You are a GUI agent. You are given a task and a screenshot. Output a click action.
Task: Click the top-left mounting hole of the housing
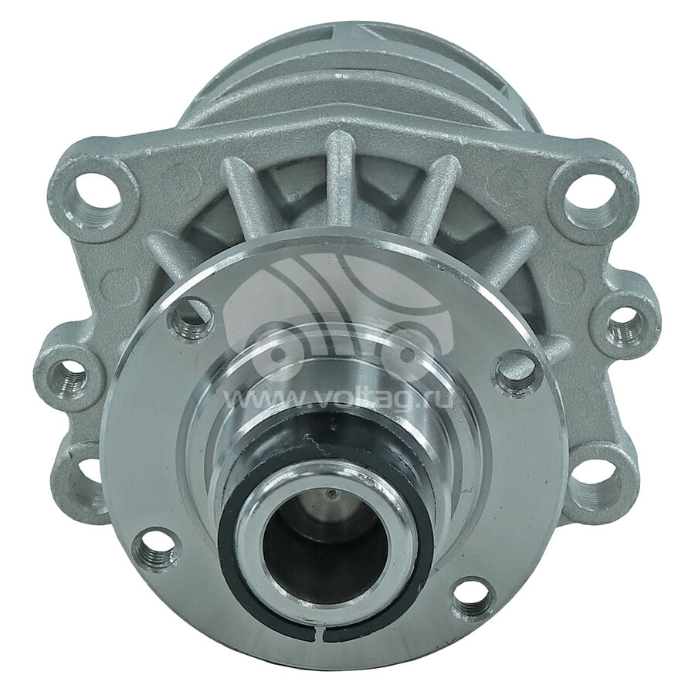click(97, 193)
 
